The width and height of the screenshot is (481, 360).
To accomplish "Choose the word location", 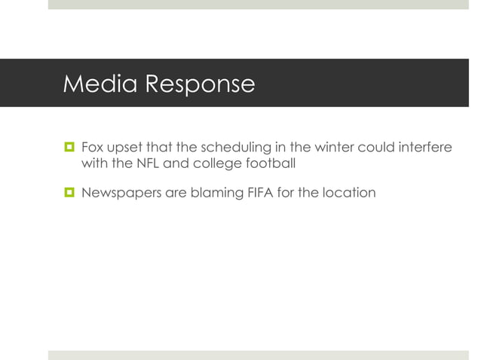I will point(349,192).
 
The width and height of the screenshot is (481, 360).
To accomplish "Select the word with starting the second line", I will point(93,162).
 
